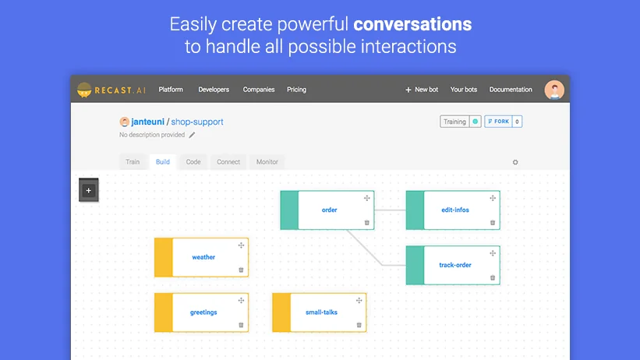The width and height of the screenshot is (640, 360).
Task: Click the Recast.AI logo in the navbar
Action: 111,90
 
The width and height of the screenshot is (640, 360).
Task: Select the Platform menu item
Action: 171,90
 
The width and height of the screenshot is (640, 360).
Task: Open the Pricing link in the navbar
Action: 296,90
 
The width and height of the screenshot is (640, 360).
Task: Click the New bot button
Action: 422,90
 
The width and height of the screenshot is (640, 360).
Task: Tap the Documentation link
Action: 511,90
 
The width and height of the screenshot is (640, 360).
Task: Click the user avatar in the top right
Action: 554,90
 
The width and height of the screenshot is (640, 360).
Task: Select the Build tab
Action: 162,162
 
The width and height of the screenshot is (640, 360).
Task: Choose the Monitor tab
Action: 267,162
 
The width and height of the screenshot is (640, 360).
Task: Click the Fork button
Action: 497,122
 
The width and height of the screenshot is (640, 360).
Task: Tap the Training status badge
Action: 454,122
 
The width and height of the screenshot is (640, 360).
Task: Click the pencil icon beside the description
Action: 193,135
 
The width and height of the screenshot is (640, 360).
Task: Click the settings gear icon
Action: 515,162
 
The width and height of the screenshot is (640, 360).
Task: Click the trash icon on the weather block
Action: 241,270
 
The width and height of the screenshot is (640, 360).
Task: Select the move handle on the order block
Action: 366,198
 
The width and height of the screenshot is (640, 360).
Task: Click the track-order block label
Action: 455,265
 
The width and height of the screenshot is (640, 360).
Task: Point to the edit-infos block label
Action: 455,210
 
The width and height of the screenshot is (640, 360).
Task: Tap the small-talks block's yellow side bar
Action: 281,312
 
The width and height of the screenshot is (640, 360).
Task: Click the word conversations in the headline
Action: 412,24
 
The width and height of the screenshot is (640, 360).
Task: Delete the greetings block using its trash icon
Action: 241,325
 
